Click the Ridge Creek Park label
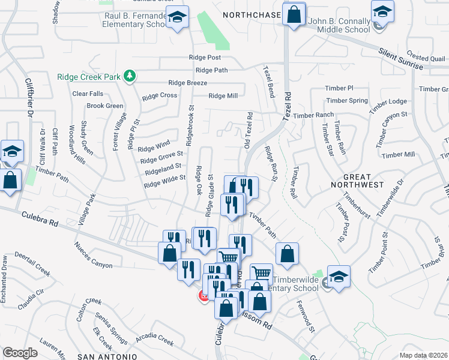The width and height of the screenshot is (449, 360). point(89,77)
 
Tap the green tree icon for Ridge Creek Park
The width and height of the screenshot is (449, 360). point(129,76)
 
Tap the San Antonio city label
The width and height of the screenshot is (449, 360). point(100,356)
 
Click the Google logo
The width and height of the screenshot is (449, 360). point(20,352)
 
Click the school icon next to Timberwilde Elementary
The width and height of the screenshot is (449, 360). point(339,277)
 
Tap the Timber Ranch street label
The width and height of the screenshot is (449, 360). point(313,115)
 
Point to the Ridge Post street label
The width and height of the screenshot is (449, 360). point(205,58)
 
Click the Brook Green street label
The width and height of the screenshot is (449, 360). point(104,106)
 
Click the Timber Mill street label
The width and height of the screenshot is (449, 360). point(398,154)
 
